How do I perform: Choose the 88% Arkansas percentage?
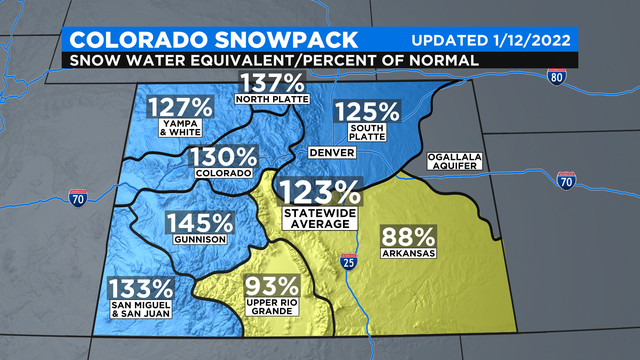[408, 238]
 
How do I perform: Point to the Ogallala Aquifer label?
[456, 163]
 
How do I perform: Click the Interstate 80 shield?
[558, 76]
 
